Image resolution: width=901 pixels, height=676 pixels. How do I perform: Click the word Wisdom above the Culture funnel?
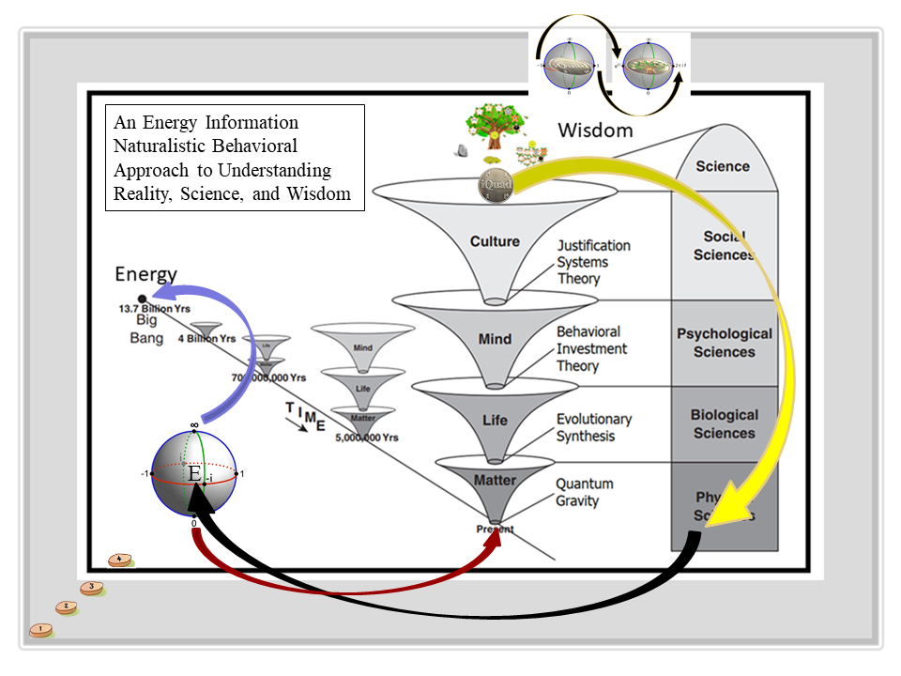pyautogui.click(x=596, y=130)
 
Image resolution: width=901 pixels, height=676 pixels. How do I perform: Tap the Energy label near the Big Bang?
pyautogui.click(x=145, y=274)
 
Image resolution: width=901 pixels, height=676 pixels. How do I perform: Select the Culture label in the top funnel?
pyautogui.click(x=495, y=241)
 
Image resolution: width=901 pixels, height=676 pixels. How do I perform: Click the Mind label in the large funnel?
pyautogui.click(x=495, y=338)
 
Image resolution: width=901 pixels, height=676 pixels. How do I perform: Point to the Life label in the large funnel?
pyautogui.click(x=495, y=421)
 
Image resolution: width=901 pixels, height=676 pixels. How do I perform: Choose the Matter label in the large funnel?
pyautogui.click(x=495, y=480)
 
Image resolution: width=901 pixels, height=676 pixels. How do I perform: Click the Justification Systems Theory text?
pyautogui.click(x=593, y=262)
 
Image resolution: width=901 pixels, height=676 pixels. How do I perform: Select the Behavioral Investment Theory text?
pyautogui.click(x=592, y=348)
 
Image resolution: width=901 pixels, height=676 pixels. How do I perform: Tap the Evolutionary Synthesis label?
pyautogui.click(x=594, y=427)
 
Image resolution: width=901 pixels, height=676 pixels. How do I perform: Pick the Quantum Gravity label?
pyautogui.click(x=585, y=492)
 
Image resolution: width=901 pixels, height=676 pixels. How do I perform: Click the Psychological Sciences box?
pyautogui.click(x=724, y=343)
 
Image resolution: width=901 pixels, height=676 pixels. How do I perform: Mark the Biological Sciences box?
pyautogui.click(x=724, y=423)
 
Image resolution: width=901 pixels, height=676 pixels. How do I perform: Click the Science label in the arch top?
pyautogui.click(x=723, y=166)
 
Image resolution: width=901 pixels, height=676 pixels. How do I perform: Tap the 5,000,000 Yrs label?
pyautogui.click(x=367, y=438)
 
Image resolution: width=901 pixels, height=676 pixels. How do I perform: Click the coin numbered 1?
pyautogui.click(x=40, y=630)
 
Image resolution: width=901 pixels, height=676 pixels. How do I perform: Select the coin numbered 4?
pyautogui.click(x=118, y=561)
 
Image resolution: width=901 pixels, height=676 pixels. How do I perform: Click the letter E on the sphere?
pyautogui.click(x=194, y=474)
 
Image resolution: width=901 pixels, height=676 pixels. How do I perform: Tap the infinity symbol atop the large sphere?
pyautogui.click(x=194, y=425)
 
